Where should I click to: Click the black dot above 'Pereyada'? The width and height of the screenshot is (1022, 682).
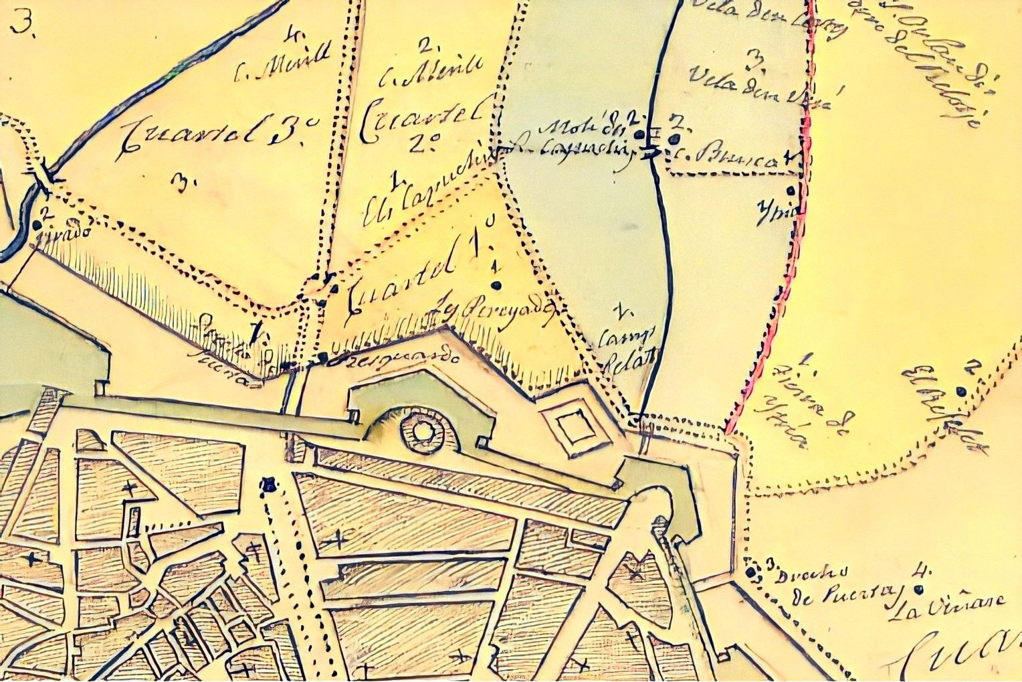[x=496, y=286]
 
